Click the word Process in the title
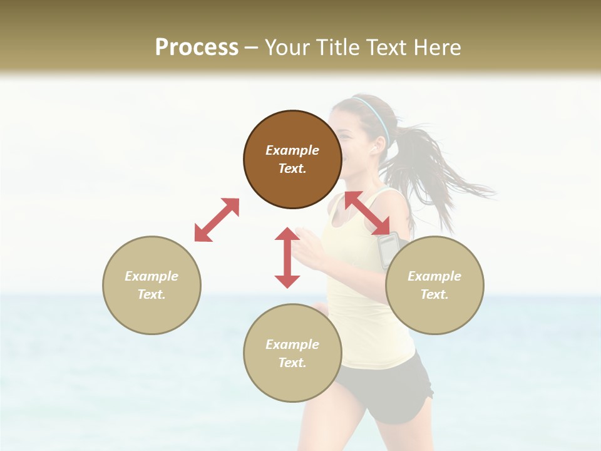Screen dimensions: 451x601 pos(197,48)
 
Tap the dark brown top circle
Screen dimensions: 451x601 pos(292,159)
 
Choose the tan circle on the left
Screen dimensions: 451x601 pos(152,285)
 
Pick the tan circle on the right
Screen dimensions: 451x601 pos(434,285)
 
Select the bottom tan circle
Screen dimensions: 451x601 pos(292,353)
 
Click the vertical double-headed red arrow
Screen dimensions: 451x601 pos(287,257)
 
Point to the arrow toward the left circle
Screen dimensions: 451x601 pos(217,220)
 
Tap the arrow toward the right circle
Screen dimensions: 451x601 pos(367,214)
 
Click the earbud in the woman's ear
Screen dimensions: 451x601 pos(373,148)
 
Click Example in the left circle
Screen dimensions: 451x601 pos(152,276)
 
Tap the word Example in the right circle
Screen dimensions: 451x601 pos(434,276)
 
